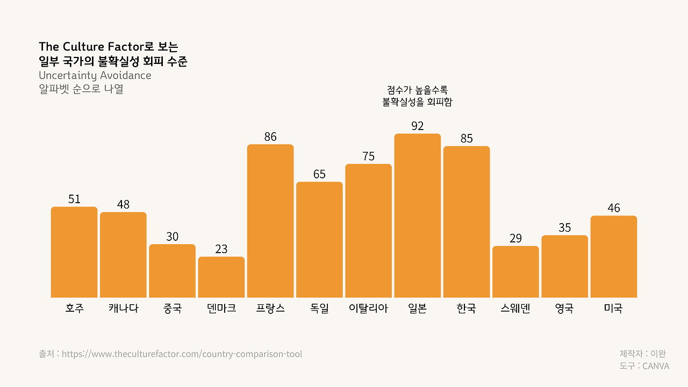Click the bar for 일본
click(x=417, y=216)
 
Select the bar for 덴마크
click(x=221, y=277)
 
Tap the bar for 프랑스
click(x=270, y=221)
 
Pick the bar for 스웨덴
click(x=515, y=271)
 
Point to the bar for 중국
click(x=172, y=271)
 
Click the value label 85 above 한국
click(x=467, y=139)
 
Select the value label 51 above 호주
click(x=74, y=199)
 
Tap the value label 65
click(x=319, y=174)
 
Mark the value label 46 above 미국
click(x=613, y=208)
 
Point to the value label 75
click(x=368, y=156)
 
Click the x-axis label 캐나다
click(x=123, y=309)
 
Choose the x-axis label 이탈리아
click(x=368, y=309)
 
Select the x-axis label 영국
click(x=564, y=309)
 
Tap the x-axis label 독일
click(x=319, y=309)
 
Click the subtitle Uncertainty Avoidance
click(x=95, y=75)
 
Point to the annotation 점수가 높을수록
click(x=417, y=90)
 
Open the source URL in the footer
click(x=182, y=354)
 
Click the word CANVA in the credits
click(x=656, y=366)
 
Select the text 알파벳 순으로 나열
click(x=81, y=89)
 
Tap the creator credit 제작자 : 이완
click(x=643, y=354)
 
